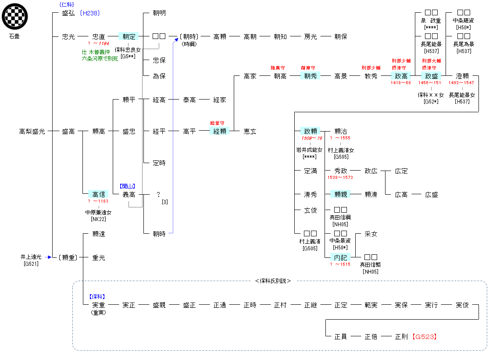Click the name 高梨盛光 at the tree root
32,131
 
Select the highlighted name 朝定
129,37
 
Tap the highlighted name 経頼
220,131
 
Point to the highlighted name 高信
98,194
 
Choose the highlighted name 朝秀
311,76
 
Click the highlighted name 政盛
432,76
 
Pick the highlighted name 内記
341,258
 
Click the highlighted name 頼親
341,194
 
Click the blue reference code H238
90,13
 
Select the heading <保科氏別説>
273,281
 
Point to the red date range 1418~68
401,83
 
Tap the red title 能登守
218,123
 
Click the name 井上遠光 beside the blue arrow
31,257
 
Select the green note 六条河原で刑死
100,58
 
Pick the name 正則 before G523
401,337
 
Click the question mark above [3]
159,194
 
